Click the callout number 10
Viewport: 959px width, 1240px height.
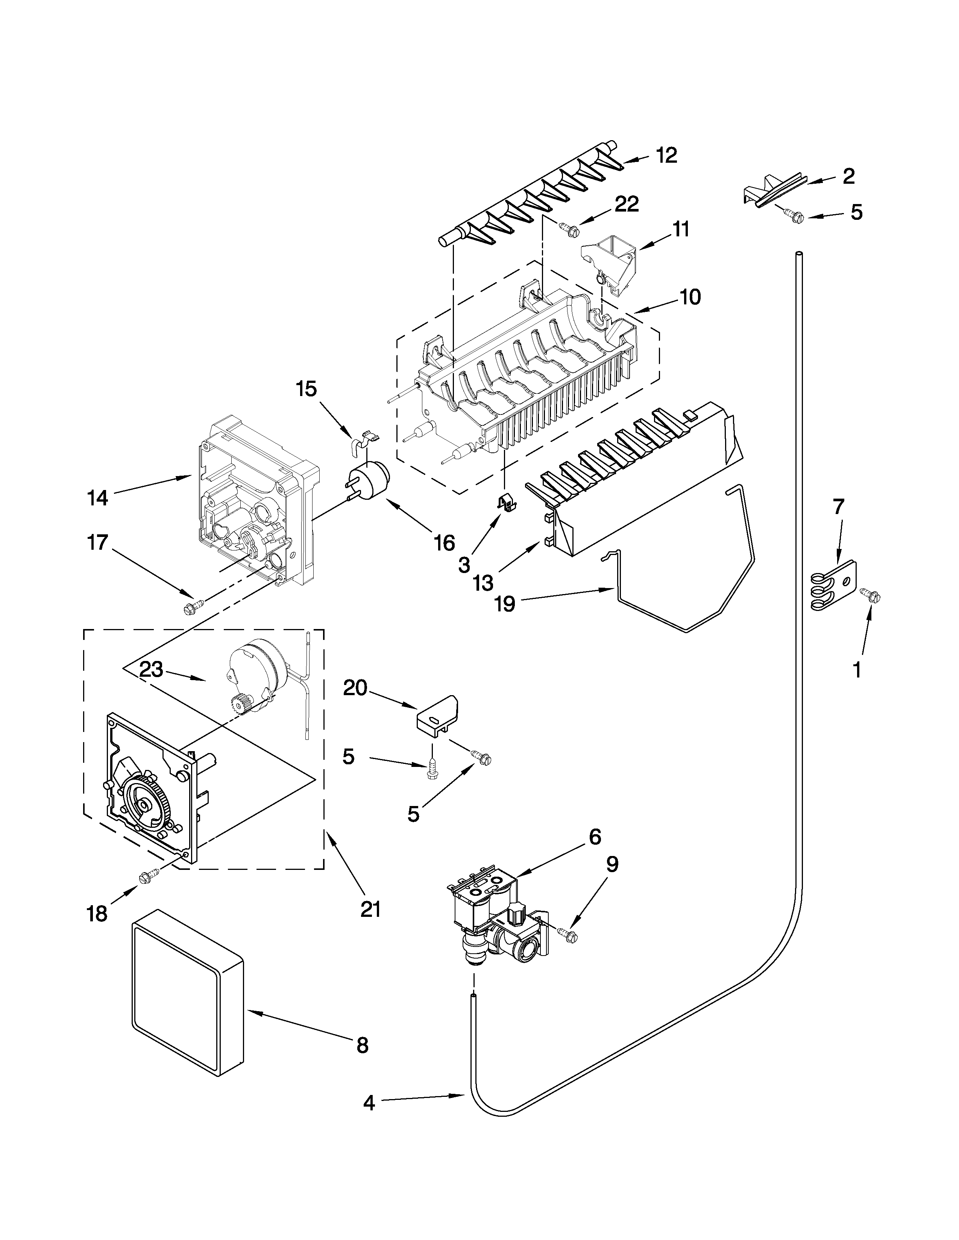coord(690,296)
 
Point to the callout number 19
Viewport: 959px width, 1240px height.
coord(504,603)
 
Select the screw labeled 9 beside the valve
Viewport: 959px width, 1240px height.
coord(569,933)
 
